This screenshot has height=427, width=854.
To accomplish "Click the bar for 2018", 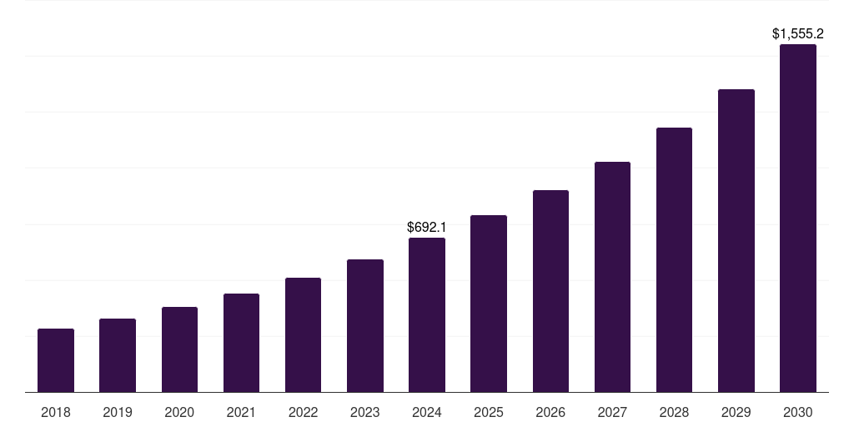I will (x=56, y=360).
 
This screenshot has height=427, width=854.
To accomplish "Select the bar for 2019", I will (x=118, y=355).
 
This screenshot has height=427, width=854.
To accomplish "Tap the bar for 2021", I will (x=241, y=343).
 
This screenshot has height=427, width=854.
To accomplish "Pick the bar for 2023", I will (x=365, y=325).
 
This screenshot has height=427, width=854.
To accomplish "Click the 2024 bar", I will (x=427, y=314).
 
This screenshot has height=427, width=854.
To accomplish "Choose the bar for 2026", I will (x=550, y=291).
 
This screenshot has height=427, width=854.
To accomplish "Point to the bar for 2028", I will (x=674, y=259).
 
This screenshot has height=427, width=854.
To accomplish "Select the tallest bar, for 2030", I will (x=798, y=218).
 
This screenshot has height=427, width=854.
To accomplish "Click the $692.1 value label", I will (x=427, y=227).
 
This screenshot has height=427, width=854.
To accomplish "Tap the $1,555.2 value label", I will (x=798, y=34).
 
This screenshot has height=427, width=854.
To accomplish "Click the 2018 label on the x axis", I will (x=56, y=412).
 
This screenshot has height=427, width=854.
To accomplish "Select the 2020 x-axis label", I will (x=179, y=412).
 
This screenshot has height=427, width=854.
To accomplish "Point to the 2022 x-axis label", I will (x=303, y=412).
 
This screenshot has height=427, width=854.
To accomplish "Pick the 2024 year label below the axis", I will (x=427, y=412).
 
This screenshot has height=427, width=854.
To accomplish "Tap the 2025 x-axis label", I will (x=489, y=412).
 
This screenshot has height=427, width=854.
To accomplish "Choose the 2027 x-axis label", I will (x=612, y=412).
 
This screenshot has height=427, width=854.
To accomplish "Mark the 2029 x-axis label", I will (x=736, y=412).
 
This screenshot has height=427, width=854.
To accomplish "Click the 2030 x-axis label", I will (x=798, y=412).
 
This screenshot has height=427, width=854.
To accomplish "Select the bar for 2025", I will (x=489, y=304).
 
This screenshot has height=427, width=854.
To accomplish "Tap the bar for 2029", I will (x=736, y=240).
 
